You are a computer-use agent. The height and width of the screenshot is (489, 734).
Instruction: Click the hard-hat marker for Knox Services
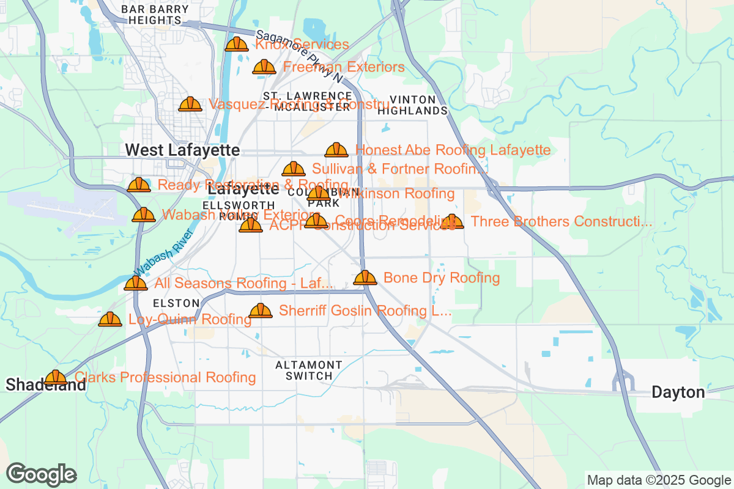[x=236, y=44]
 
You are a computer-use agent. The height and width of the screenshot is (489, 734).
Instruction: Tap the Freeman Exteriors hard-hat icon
[x=264, y=67]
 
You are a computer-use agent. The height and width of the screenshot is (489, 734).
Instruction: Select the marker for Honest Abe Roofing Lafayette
[x=336, y=150]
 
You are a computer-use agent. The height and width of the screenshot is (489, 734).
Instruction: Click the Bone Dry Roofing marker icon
[x=365, y=278]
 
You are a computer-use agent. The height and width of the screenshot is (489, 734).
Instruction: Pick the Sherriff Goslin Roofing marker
[x=261, y=311]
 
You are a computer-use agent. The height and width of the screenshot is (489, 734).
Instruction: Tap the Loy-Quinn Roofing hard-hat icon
[x=110, y=319]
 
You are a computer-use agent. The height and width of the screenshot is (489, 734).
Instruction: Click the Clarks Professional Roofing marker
[x=56, y=377]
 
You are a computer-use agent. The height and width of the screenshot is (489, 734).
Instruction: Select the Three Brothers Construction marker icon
[x=452, y=221]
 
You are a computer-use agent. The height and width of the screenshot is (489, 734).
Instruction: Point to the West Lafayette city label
[x=182, y=150]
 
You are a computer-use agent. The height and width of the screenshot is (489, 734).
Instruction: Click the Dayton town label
[x=678, y=392]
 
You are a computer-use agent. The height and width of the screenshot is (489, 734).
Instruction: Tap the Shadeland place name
[x=46, y=385]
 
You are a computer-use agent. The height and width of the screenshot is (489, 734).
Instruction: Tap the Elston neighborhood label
[x=176, y=303]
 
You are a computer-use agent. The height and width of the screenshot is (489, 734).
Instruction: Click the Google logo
[x=42, y=474]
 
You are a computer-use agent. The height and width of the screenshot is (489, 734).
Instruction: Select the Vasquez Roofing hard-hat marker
[x=190, y=105]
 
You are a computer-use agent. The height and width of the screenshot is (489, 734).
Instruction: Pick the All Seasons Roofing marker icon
[x=136, y=283]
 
